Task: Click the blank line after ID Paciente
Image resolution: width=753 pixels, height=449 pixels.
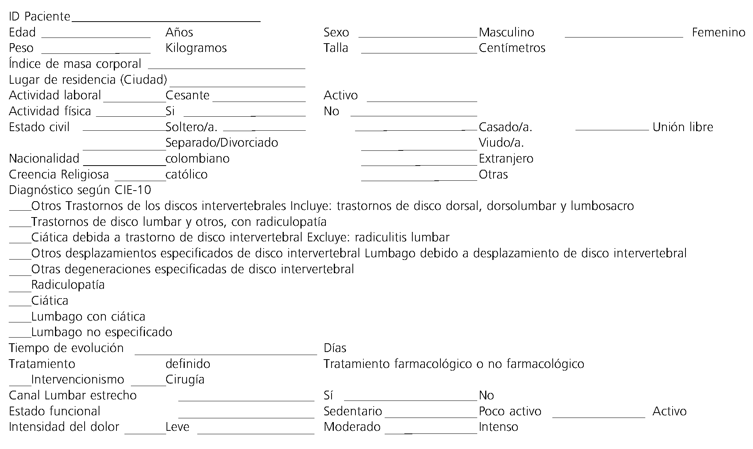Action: [x=166, y=21]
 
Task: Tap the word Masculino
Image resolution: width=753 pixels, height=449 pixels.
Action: [x=506, y=33]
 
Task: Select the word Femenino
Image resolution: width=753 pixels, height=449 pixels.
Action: [x=718, y=33]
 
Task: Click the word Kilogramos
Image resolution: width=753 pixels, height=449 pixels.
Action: [x=196, y=48]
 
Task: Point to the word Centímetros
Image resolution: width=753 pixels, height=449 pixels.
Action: [x=512, y=48]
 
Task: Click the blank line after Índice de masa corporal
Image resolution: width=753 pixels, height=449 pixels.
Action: [x=226, y=68]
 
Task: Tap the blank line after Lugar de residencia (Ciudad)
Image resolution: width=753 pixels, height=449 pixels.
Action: [x=237, y=84]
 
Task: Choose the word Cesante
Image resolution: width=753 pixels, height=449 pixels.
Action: [x=187, y=95]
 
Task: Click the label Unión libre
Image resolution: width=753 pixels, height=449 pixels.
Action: [x=683, y=127]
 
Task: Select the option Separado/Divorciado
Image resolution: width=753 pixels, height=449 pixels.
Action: [x=222, y=143]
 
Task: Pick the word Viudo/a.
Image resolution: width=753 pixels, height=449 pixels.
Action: [x=501, y=143]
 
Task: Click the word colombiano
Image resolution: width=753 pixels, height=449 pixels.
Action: [x=197, y=158]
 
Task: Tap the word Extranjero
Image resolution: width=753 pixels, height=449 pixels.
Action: [x=506, y=158]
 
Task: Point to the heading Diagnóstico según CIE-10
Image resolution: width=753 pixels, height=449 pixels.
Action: [x=80, y=190]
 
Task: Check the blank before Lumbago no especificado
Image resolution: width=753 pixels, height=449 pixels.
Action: [x=20, y=336]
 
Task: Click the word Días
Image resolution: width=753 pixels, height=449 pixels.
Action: [x=335, y=348]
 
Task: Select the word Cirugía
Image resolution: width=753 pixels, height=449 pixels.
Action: [x=185, y=380]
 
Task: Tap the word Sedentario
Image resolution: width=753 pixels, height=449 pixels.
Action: [x=353, y=411]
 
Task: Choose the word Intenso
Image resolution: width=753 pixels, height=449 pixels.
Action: [x=498, y=427]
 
